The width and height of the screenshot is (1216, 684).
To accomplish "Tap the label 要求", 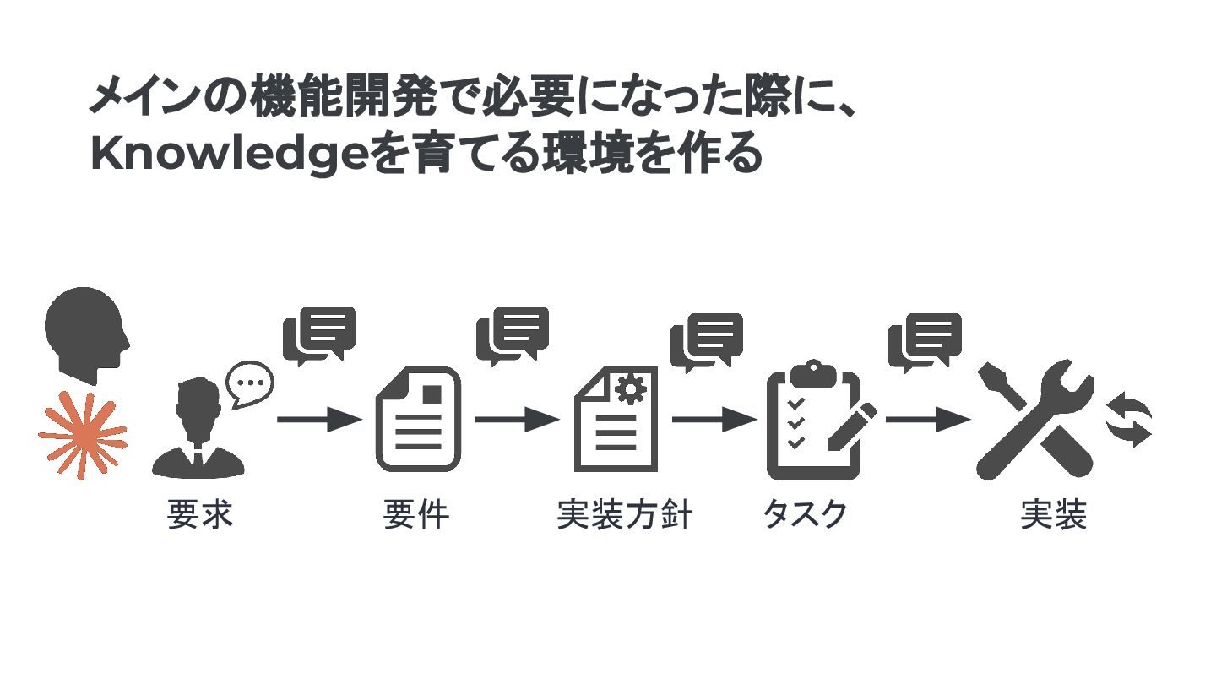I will coord(199,514).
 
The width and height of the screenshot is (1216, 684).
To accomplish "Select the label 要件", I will coord(416,514).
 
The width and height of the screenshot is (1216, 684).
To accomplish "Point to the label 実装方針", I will coord(625,514).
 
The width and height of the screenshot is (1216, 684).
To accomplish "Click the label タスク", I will coord(804,514).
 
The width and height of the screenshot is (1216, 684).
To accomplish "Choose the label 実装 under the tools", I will coord(1053,514).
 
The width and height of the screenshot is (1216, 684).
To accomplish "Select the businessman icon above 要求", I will coord(198,431).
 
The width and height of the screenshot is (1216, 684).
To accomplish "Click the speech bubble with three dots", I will coord(250,383).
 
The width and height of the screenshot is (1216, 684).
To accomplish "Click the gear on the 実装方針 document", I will coord(629,389).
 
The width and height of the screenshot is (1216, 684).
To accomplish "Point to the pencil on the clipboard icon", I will coord(850,426).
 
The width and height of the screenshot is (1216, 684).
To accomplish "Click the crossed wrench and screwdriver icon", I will coord(1035,420).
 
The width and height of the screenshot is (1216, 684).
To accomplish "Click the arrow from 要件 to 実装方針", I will coord(517,419).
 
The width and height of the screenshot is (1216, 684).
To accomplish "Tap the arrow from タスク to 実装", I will coord(927,419).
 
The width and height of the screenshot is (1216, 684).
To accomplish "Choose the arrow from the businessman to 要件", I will coord(319,419).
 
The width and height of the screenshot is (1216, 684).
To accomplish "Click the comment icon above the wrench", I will coord(925,340).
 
